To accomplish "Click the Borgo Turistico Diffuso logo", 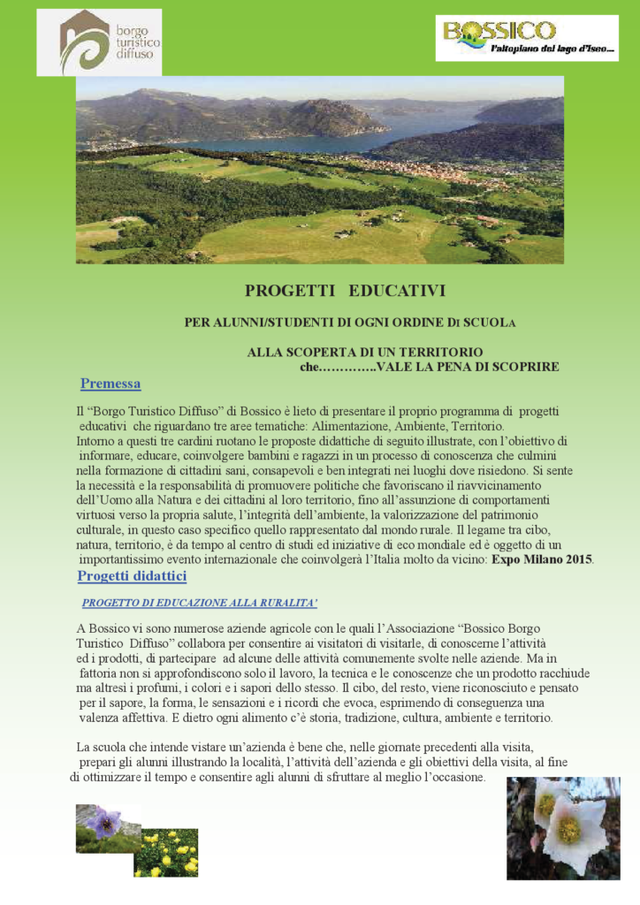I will (x=99, y=42).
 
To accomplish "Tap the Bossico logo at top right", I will (x=527, y=38).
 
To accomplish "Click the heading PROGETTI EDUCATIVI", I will (x=345, y=290).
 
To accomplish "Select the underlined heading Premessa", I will (x=110, y=384).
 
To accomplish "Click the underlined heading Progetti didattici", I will (x=132, y=576).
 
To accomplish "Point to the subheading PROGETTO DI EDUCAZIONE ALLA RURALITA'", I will (x=200, y=603).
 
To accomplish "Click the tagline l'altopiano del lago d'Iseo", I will (x=553, y=49).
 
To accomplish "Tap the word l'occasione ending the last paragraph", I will (x=441, y=777).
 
